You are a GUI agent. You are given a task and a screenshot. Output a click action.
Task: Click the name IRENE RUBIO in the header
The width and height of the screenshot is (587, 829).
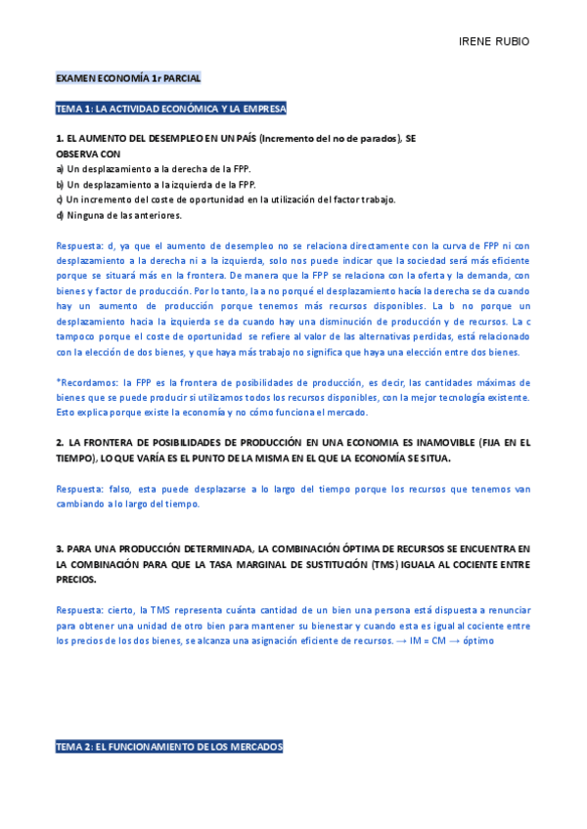pos(493,42)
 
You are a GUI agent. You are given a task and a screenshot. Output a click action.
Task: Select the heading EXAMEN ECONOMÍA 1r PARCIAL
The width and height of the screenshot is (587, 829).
pos(128,76)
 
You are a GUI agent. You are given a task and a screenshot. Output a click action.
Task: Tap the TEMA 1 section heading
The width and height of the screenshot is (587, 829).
pos(171,109)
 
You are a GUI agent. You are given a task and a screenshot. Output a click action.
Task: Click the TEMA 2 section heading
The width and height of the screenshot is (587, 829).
pos(169,747)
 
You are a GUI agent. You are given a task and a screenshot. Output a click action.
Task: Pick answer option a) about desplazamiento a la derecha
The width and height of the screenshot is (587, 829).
pos(140,169)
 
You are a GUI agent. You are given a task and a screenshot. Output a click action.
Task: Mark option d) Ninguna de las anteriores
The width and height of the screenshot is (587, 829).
pos(119,215)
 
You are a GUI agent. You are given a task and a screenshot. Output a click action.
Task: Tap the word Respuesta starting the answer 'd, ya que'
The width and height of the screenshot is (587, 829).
pos(81,246)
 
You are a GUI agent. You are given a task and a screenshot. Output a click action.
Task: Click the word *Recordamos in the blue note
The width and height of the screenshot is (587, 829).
pos(85,382)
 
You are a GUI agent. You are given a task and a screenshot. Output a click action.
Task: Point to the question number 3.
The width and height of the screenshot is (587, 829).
pos(60,548)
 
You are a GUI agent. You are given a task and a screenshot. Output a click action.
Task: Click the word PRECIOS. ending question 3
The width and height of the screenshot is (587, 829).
pos(76,579)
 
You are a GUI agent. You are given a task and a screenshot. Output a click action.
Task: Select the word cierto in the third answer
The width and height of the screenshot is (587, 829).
pos(125,610)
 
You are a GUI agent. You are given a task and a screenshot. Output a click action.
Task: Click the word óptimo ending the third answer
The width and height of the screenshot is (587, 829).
pos(477,640)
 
